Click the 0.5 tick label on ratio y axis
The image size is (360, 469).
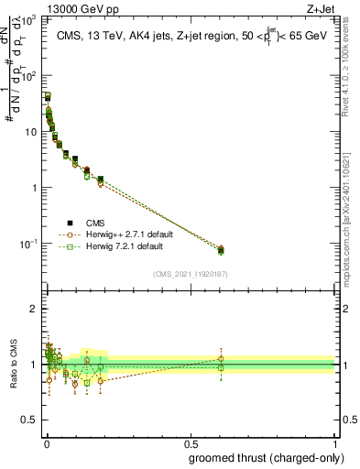(27, 420)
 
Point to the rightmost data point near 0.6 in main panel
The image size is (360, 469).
(220, 249)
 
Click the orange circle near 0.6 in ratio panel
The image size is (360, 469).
(220, 359)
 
